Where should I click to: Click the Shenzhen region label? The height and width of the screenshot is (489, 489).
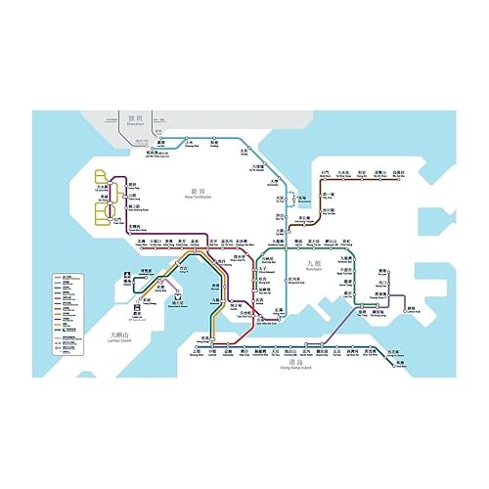135,121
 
